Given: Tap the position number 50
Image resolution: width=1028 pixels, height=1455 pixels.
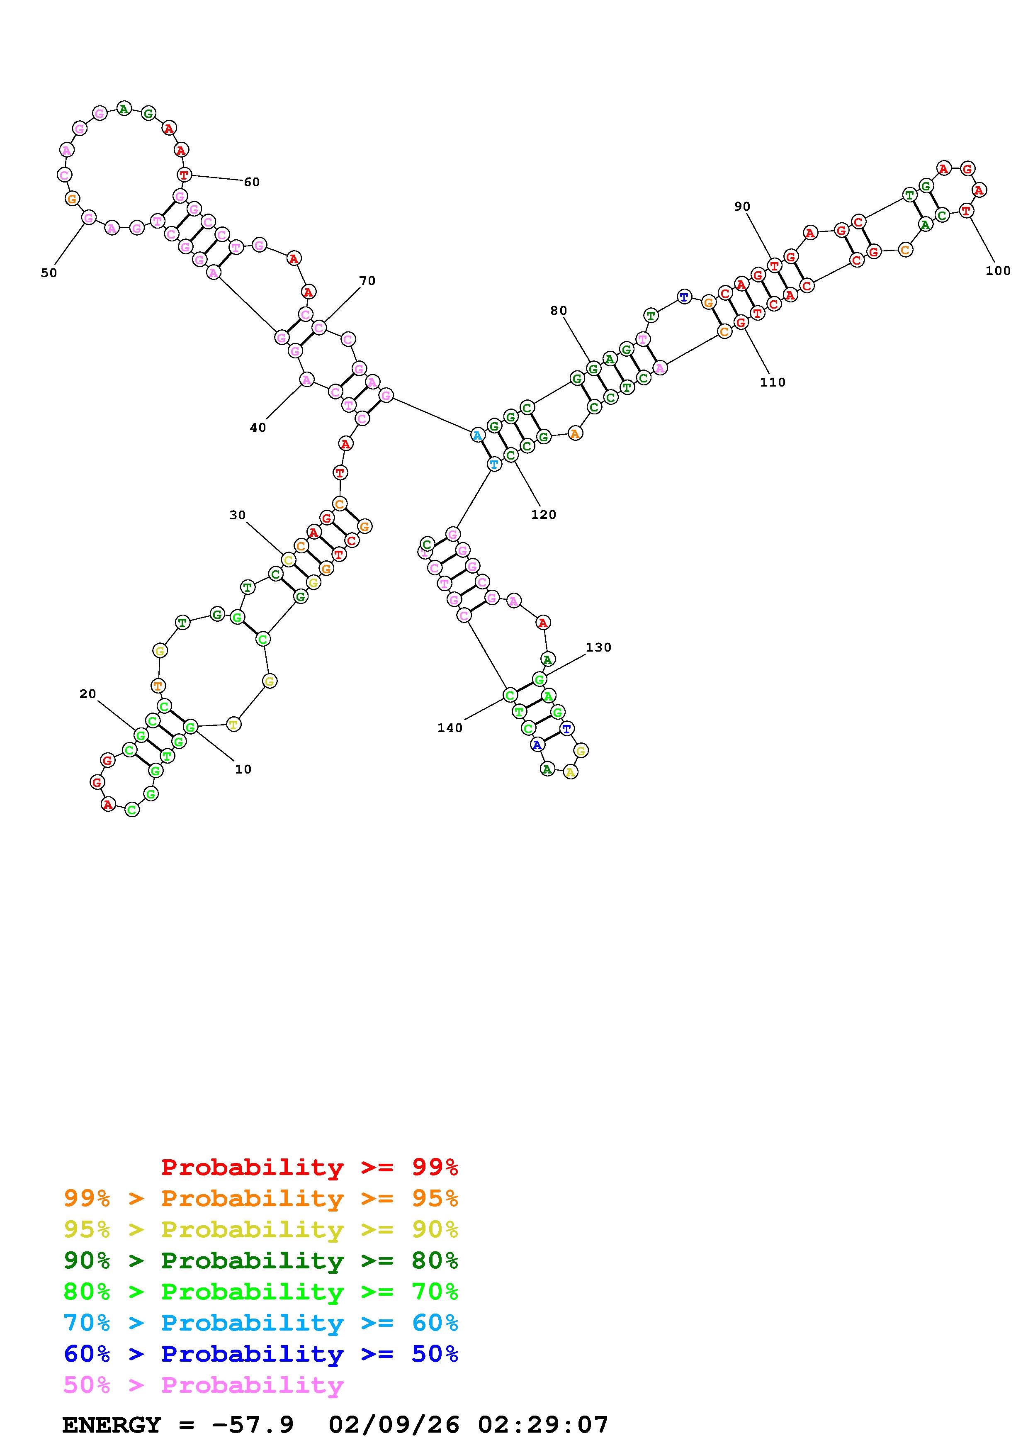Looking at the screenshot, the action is point(49,273).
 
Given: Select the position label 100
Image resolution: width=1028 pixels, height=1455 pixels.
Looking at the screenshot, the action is point(998,270).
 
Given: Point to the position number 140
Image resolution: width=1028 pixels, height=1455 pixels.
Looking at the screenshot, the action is point(450,728).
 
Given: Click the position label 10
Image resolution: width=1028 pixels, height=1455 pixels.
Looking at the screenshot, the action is point(243,769).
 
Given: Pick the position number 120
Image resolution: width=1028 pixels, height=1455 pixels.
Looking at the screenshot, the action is point(544,515).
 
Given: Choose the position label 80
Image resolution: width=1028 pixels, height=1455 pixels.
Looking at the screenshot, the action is point(559,311).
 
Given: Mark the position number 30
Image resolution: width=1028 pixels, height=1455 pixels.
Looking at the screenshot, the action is point(238,515).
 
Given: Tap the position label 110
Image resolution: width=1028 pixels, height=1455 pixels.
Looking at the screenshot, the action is point(773,382).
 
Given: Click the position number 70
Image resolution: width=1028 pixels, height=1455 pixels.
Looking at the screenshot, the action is point(367,281).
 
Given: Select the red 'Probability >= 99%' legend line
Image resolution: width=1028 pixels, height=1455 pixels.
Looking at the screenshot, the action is point(310,1167).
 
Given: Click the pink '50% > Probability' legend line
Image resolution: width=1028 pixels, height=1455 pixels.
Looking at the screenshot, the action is point(203,1385).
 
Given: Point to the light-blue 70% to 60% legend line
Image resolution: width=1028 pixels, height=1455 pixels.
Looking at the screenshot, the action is point(261,1323).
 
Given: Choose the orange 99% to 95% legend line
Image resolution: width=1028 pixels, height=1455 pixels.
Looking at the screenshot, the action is point(261,1198).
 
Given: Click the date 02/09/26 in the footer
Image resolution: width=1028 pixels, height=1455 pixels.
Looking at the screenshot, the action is point(394,1425).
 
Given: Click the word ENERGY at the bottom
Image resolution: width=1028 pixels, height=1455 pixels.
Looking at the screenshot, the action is point(112,1425).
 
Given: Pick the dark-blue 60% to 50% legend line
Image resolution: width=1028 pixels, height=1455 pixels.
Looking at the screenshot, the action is point(261,1354).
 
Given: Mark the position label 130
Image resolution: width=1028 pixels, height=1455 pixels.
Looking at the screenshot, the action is point(598,647).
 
